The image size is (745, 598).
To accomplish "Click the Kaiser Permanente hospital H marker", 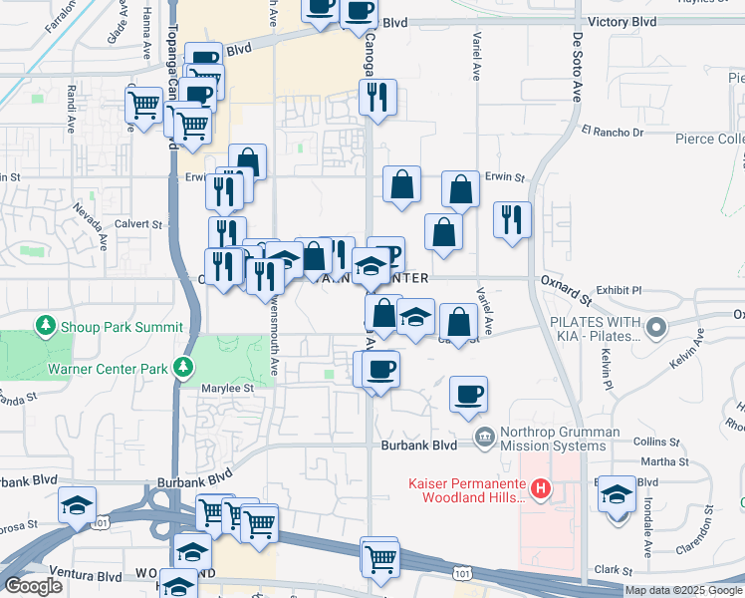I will [540, 488].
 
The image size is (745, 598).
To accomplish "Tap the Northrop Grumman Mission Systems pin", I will [484, 436].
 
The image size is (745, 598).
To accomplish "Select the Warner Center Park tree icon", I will [182, 369].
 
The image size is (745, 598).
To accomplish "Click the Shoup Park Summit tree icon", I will [45, 326].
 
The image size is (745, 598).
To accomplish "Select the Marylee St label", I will [228, 388].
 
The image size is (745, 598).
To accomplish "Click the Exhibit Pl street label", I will [618, 288].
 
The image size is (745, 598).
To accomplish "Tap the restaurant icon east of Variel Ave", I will [512, 220].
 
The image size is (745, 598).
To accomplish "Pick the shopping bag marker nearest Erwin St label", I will [460, 189].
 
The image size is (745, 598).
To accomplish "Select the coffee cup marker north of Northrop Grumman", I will [468, 395].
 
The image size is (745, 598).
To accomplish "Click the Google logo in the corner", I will [33, 586].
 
